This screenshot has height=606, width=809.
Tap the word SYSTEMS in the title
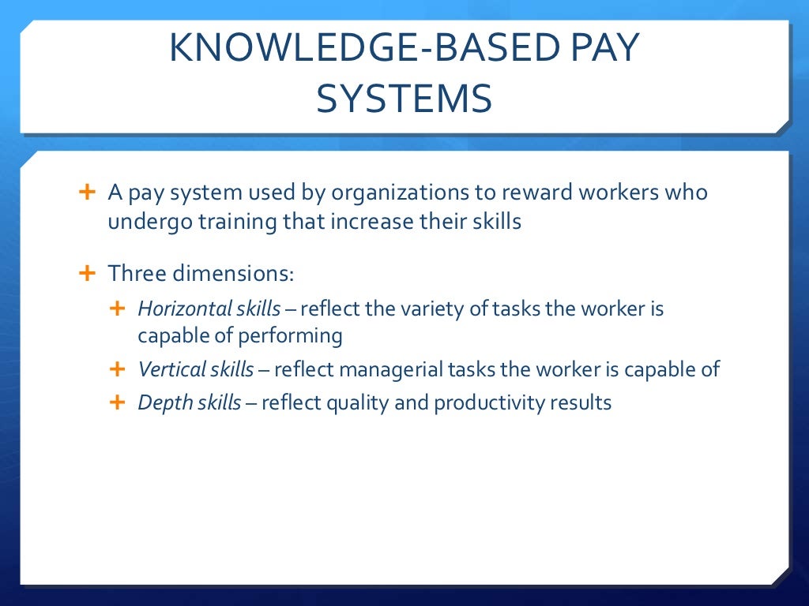[404, 99]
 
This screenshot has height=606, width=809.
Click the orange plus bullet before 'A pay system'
[87, 192]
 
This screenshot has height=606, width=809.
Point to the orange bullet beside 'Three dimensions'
[87, 274]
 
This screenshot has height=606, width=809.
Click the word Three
[135, 275]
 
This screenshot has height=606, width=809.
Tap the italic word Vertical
[166, 369]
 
